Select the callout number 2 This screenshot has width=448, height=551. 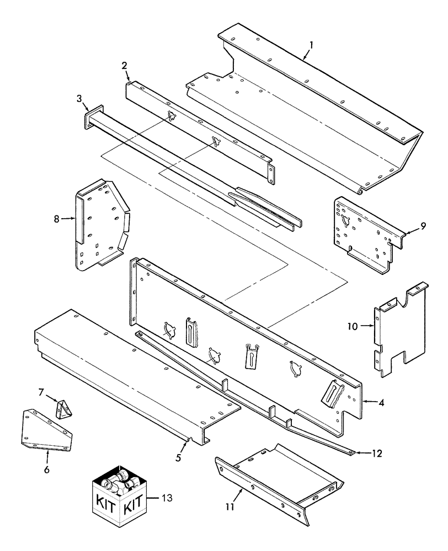pos(125,66)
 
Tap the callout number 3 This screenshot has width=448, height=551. pos(79,99)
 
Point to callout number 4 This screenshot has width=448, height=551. pos(382,402)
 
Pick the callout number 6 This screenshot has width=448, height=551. pos(46,469)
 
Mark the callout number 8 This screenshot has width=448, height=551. pos(56,219)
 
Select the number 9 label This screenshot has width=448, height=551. pos(422,225)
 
